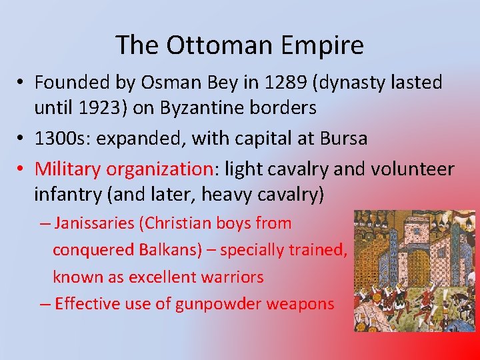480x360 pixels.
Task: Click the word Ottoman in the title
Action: click(219, 45)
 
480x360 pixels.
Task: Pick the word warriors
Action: click(233, 277)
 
